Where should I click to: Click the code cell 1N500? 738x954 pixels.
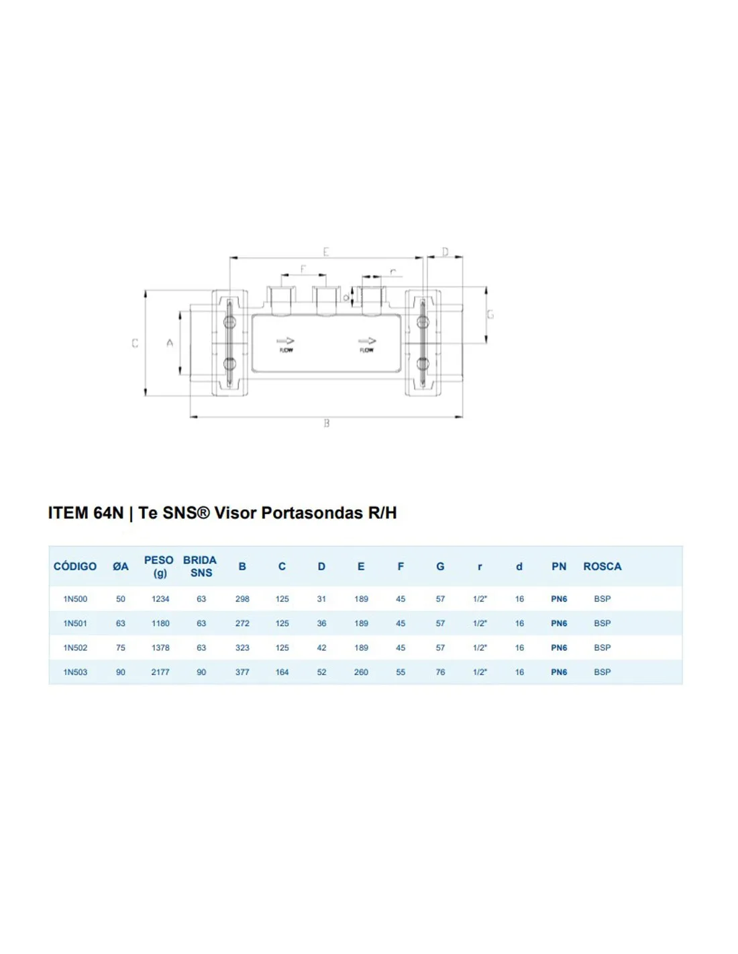pyautogui.click(x=75, y=598)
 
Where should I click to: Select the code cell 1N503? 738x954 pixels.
pyautogui.click(x=75, y=672)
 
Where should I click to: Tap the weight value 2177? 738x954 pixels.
pyautogui.click(x=160, y=672)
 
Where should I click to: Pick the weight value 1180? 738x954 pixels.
pyautogui.click(x=160, y=623)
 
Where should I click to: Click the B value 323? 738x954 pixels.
pyautogui.click(x=242, y=647)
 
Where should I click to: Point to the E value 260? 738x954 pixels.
pyautogui.click(x=361, y=672)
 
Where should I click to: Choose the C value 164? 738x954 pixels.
pyautogui.click(x=282, y=672)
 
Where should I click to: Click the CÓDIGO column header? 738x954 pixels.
pyautogui.click(x=75, y=566)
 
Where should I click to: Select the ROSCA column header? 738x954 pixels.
pyautogui.click(x=602, y=566)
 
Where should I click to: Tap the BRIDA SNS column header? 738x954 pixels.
pyautogui.click(x=200, y=566)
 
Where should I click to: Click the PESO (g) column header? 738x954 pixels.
pyautogui.click(x=159, y=566)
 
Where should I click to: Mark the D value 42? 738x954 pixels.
pyautogui.click(x=321, y=647)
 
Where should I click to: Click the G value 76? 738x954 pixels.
pyautogui.click(x=440, y=672)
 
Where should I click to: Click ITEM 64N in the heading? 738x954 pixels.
pyautogui.click(x=85, y=513)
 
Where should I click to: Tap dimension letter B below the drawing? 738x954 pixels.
pyautogui.click(x=327, y=423)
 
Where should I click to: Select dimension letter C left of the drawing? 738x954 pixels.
pyautogui.click(x=135, y=343)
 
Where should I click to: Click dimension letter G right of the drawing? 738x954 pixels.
pyautogui.click(x=490, y=314)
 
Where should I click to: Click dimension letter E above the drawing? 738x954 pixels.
pyautogui.click(x=326, y=252)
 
